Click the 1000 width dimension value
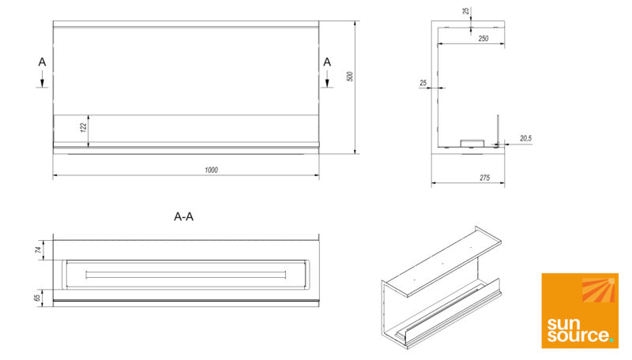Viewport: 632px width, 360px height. coord(211,170)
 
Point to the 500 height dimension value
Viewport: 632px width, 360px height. coord(349,77)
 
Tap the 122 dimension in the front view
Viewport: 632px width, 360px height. coord(84,128)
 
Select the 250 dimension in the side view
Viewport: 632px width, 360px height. coord(483,39)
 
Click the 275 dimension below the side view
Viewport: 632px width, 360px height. coord(484,178)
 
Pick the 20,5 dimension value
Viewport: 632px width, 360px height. coord(525,138)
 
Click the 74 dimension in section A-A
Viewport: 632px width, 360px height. coord(38,249)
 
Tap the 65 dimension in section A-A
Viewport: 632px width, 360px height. coord(37,298)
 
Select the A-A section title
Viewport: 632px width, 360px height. coord(183,216)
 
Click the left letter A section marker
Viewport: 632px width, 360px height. coord(42,62)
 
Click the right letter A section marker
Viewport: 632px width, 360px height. coord(327,62)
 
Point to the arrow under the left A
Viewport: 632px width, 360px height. coord(42,79)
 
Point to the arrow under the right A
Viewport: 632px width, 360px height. coord(327,79)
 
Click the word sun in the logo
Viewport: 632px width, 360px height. coord(563,324)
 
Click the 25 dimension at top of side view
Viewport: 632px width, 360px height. coord(466,11)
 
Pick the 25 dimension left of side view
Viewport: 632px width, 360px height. coord(423,83)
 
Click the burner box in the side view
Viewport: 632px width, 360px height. coord(472,144)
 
